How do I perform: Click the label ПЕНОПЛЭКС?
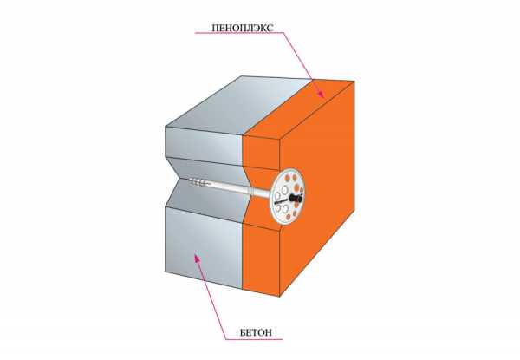(243, 28)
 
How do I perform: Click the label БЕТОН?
(256, 332)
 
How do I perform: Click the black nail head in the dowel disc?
(296, 199)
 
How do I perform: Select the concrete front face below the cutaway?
(204, 247)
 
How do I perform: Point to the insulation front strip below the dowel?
(262, 259)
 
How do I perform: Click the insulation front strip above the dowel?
(262, 152)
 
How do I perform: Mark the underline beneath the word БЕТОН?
(254, 339)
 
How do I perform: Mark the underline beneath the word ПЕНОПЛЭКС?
(239, 33)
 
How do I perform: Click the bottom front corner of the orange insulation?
(279, 296)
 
